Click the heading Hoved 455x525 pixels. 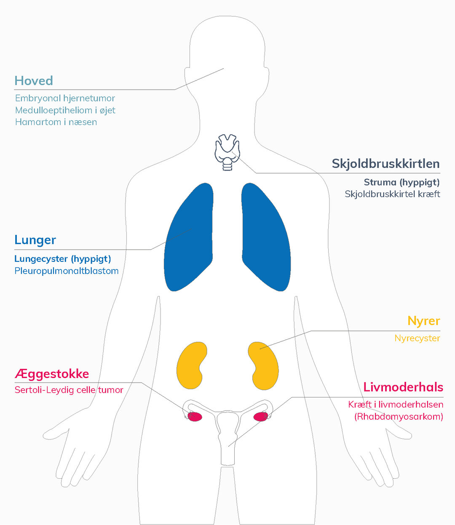(34, 81)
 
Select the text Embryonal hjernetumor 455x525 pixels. (65, 98)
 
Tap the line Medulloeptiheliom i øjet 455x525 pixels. (65, 110)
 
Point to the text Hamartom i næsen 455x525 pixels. (56, 122)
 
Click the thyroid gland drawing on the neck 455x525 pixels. (227, 152)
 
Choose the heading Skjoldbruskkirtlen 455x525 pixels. (385, 164)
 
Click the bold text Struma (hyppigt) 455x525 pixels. (401, 182)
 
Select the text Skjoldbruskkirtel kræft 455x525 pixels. (392, 194)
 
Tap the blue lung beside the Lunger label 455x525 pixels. (189, 237)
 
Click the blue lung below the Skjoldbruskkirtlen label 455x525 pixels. (266, 237)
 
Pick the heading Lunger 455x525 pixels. (35, 240)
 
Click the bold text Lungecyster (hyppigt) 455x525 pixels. (62, 259)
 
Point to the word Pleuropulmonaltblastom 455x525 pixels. (66, 271)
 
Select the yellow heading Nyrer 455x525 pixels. (424, 321)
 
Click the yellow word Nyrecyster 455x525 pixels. (417, 338)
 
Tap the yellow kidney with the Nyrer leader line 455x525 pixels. (263, 366)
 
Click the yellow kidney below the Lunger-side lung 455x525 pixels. (192, 366)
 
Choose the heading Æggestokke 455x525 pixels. (52, 374)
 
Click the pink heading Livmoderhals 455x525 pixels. (403, 387)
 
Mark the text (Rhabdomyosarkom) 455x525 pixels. (399, 416)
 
